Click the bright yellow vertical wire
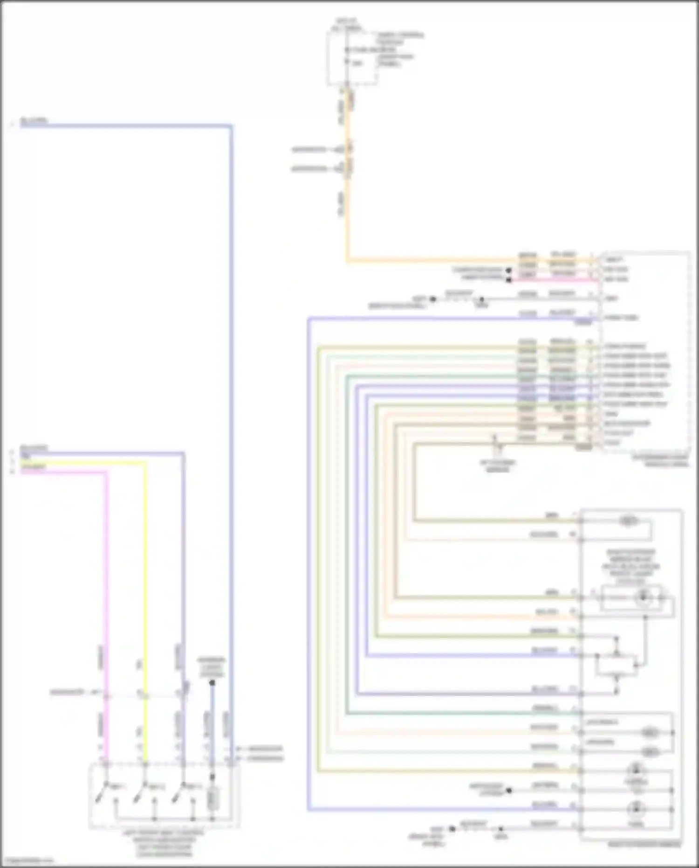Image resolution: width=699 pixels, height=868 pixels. click(x=145, y=583)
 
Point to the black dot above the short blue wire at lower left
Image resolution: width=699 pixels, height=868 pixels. click(x=212, y=683)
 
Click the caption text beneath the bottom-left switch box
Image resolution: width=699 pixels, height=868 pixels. click(x=163, y=844)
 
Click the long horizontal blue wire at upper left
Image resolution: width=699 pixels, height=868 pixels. click(x=126, y=125)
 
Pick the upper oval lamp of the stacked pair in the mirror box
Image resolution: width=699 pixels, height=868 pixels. click(x=650, y=733)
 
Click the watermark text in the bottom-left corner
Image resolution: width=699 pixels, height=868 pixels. click(x=26, y=861)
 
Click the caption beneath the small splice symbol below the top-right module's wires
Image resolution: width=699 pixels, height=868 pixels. click(x=498, y=466)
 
